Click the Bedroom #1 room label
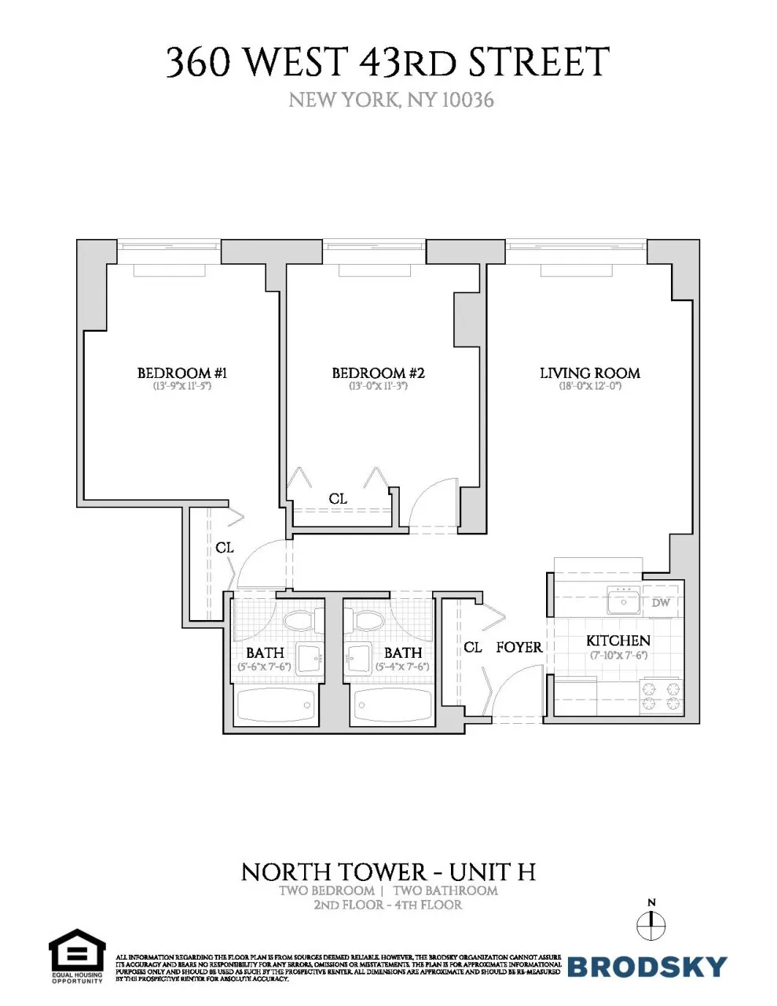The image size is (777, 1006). pyautogui.click(x=182, y=373)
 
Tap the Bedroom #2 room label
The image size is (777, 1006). pyautogui.click(x=378, y=373)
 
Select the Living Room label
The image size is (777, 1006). pyautogui.click(x=589, y=373)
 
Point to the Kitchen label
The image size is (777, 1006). pyautogui.click(x=618, y=641)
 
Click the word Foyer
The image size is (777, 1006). pyautogui.click(x=519, y=648)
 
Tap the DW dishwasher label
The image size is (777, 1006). pyautogui.click(x=661, y=603)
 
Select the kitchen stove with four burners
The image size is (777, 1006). pyautogui.click(x=661, y=696)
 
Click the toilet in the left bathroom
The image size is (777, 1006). pyautogui.click(x=299, y=621)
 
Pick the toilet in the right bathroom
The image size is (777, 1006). pyautogui.click(x=368, y=621)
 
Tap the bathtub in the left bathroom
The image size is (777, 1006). pyautogui.click(x=276, y=706)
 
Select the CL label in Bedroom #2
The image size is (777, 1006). pyautogui.click(x=338, y=499)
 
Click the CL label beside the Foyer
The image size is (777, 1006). pyautogui.click(x=472, y=648)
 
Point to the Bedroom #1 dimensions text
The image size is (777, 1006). pyautogui.click(x=182, y=387)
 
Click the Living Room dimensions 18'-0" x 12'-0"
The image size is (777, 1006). pyautogui.click(x=589, y=387)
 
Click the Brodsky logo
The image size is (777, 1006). pyautogui.click(x=647, y=966)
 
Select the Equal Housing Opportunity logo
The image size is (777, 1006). pyautogui.click(x=77, y=956)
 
